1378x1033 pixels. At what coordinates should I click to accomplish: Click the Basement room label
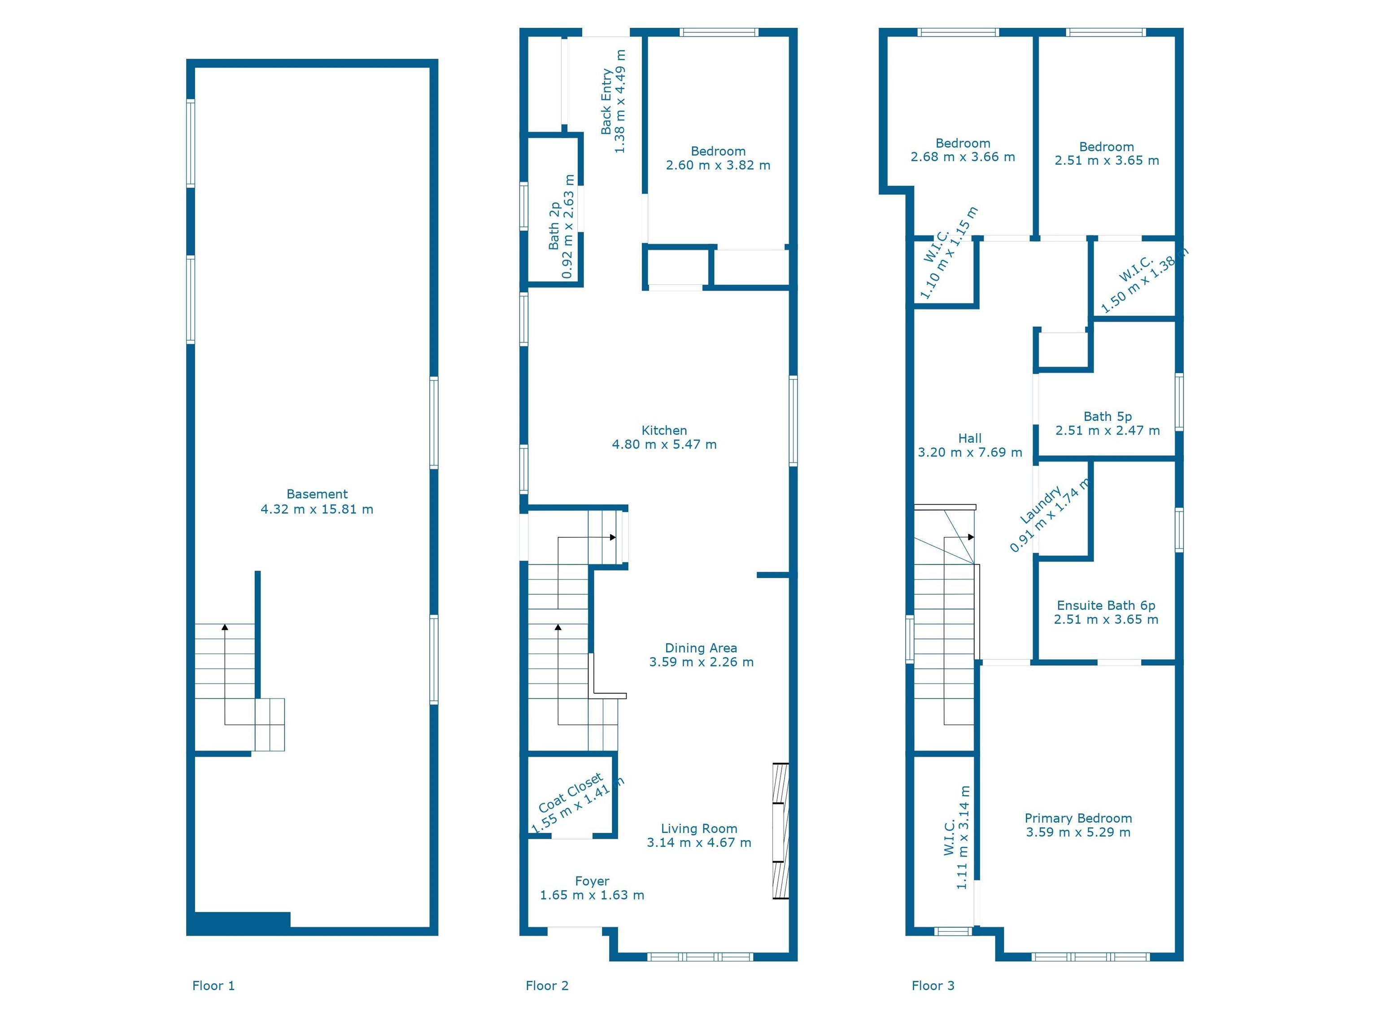click(x=317, y=494)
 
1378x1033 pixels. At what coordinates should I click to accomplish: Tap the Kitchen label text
click(x=664, y=431)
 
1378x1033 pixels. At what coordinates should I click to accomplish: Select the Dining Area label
click(x=701, y=648)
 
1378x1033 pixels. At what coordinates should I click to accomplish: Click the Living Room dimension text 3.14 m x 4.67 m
click(x=699, y=843)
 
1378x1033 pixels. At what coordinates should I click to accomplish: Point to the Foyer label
click(x=592, y=881)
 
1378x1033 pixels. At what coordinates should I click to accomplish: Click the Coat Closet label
click(x=571, y=793)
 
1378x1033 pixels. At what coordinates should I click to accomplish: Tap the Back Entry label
click(x=606, y=101)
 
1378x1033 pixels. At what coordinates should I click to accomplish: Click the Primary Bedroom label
click(x=1078, y=818)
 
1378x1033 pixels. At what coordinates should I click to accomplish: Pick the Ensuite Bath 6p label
click(x=1106, y=605)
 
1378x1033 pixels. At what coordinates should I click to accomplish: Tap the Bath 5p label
click(x=1107, y=416)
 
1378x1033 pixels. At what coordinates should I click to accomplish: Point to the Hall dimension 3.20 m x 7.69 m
click(x=970, y=452)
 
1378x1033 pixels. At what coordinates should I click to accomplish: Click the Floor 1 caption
click(x=213, y=985)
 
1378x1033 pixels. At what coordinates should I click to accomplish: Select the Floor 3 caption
click(x=933, y=985)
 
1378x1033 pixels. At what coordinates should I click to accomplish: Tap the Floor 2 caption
click(x=547, y=985)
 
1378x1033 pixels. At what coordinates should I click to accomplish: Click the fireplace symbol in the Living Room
click(x=781, y=831)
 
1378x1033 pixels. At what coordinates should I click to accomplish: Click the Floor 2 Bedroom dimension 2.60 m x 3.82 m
click(x=718, y=166)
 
